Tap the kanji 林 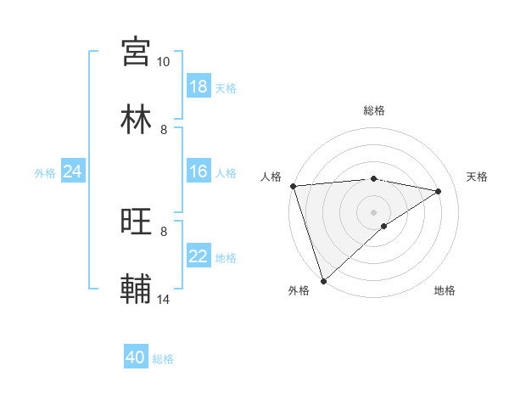pyautogui.click(x=136, y=119)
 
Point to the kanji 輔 pyautogui.click(x=136, y=289)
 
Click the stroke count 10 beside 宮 pyautogui.click(x=163, y=62)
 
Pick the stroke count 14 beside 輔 pyautogui.click(x=163, y=299)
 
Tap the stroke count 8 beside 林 pyautogui.click(x=164, y=129)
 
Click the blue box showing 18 pyautogui.click(x=199, y=87)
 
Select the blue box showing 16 pyautogui.click(x=199, y=171)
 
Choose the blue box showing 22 pyautogui.click(x=199, y=256)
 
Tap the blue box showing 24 pyautogui.click(x=73, y=171)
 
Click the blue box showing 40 pyautogui.click(x=136, y=357)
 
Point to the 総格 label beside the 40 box pyautogui.click(x=163, y=359)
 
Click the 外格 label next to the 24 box pyautogui.click(x=45, y=173)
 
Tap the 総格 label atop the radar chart pyautogui.click(x=374, y=110)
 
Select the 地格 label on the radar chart pyautogui.click(x=445, y=291)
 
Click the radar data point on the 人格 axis pyautogui.click(x=293, y=186)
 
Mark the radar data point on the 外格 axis pyautogui.click(x=323, y=281)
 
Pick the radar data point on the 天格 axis pyautogui.click(x=439, y=191)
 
